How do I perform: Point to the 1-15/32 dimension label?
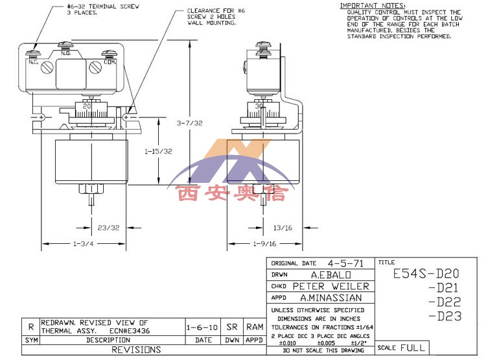[157, 150]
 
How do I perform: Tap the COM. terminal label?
[109, 62]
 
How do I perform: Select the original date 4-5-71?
[345, 263]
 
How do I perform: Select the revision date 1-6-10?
[199, 328]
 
